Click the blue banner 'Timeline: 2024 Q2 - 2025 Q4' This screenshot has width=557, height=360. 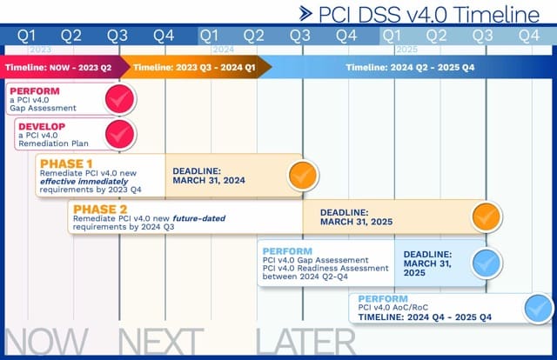click(x=410, y=67)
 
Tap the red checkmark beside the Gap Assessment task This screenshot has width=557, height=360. click(x=119, y=100)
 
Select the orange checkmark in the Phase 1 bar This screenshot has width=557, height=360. click(x=302, y=174)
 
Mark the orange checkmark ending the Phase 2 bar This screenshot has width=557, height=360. click(x=486, y=216)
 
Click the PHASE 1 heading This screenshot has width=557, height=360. click(x=64, y=163)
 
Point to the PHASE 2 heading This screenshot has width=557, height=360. click(x=101, y=210)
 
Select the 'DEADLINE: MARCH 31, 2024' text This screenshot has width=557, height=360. click(x=209, y=175)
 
